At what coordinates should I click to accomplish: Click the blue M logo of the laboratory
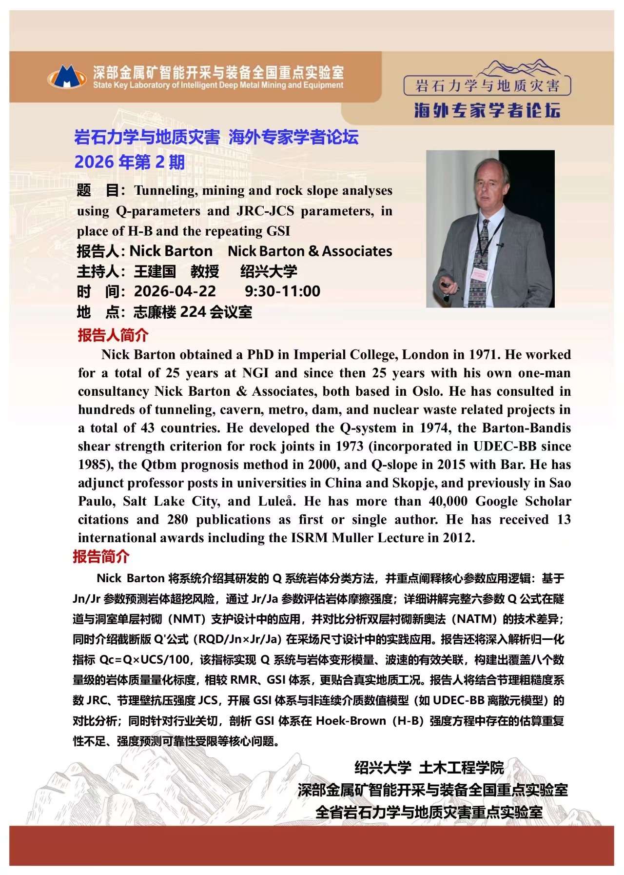point(67,77)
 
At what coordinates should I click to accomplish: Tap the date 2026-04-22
point(175,291)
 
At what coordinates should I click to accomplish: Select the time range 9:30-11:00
point(282,291)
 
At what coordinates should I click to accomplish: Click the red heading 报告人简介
point(113,335)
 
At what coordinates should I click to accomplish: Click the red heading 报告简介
point(101,556)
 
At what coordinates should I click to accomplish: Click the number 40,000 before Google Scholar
point(448,501)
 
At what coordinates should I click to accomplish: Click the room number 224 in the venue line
point(193,311)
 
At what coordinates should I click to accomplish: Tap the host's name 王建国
point(155,271)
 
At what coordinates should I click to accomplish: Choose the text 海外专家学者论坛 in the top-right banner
point(487,110)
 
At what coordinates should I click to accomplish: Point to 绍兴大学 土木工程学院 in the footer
point(429,768)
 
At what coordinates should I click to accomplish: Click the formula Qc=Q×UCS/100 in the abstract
point(144,660)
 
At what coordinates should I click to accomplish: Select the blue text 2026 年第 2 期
point(129,162)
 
